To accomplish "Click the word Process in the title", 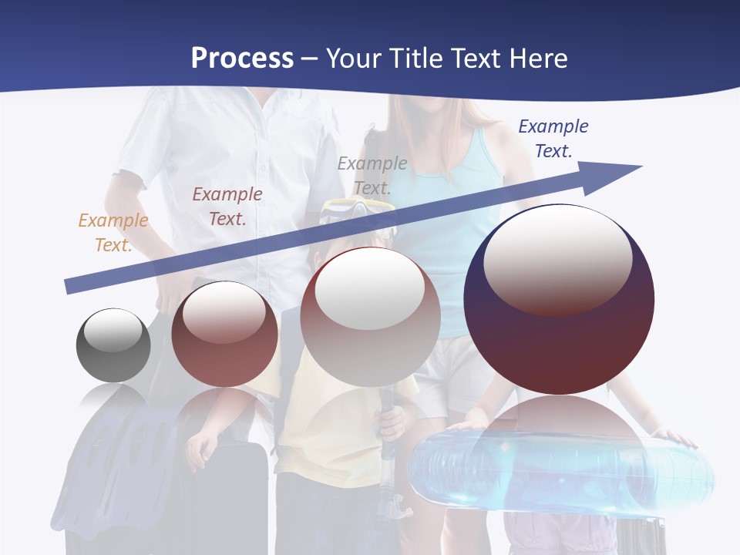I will coord(242,58).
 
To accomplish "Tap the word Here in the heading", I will coord(537,58).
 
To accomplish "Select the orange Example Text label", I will coord(113,233).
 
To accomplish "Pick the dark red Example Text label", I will coord(227,207).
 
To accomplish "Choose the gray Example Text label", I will coord(372,175).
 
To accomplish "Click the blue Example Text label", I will coord(553,139).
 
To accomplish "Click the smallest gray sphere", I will coord(113,345).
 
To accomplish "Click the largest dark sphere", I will coord(559,339).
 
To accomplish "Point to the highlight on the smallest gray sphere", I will coord(113,330).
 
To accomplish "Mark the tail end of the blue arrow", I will coord(68,287).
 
